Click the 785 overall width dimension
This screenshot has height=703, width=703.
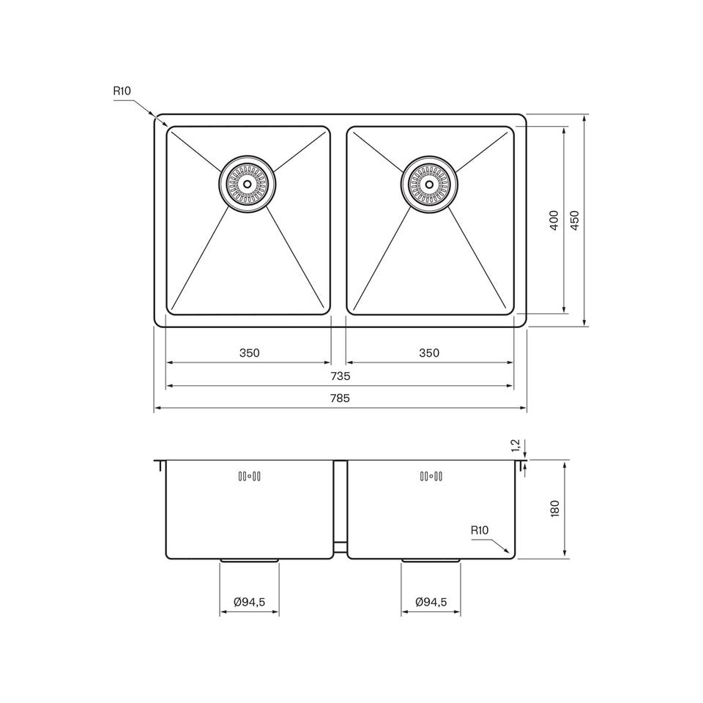[x=340, y=398]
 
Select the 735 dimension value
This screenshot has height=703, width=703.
[x=340, y=376]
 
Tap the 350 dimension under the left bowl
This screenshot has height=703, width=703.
[x=249, y=353]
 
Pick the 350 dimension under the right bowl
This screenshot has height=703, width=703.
[x=429, y=353]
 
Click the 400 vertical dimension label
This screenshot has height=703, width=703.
[x=554, y=220]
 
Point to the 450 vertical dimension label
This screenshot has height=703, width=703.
[x=575, y=220]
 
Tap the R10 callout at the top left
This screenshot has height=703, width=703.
[x=122, y=91]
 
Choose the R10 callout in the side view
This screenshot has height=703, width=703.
[x=479, y=530]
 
